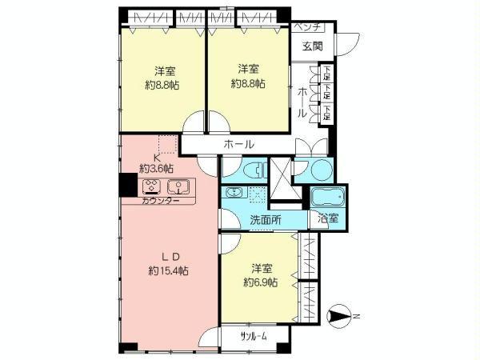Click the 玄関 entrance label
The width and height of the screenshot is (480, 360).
coord(312,46)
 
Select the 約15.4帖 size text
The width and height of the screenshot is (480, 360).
coord(169,271)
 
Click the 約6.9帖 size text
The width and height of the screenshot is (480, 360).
coord(260,282)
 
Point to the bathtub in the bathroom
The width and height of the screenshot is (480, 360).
coord(327,196)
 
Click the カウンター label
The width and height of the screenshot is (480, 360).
coord(160,202)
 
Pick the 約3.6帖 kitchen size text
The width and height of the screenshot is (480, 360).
coord(157,169)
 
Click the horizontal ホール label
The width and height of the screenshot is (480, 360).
coord(239,145)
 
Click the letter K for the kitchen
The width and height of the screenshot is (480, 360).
coord(157,158)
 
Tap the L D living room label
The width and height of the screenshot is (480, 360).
coord(169,257)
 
